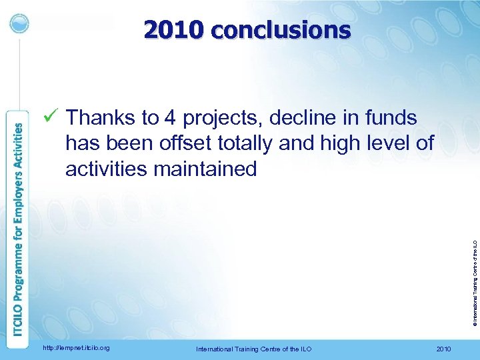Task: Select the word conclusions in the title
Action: [279, 30]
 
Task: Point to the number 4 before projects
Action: [170, 118]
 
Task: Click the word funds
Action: [392, 118]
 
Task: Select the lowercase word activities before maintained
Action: [107, 169]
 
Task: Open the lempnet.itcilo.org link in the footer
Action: [76, 348]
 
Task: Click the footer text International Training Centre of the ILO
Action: [253, 349]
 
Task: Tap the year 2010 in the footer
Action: [443, 349]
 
